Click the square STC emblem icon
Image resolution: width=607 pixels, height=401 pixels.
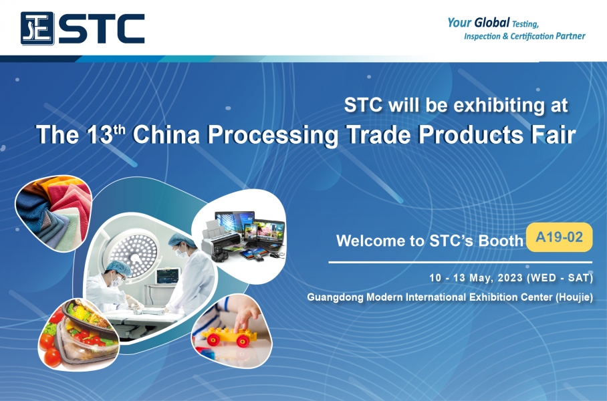pos(37,28)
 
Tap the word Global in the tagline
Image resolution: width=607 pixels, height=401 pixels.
pos(491,23)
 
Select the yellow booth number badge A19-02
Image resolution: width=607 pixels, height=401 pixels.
pos(560,237)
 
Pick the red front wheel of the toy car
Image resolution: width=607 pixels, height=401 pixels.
pos(243,341)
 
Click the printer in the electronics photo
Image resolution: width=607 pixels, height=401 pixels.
pos(218,239)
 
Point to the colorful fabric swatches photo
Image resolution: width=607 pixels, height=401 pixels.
pos(53,213)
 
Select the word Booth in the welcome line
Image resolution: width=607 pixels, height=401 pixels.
pos(501,241)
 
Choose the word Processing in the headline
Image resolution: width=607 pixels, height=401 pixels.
pos(273,135)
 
